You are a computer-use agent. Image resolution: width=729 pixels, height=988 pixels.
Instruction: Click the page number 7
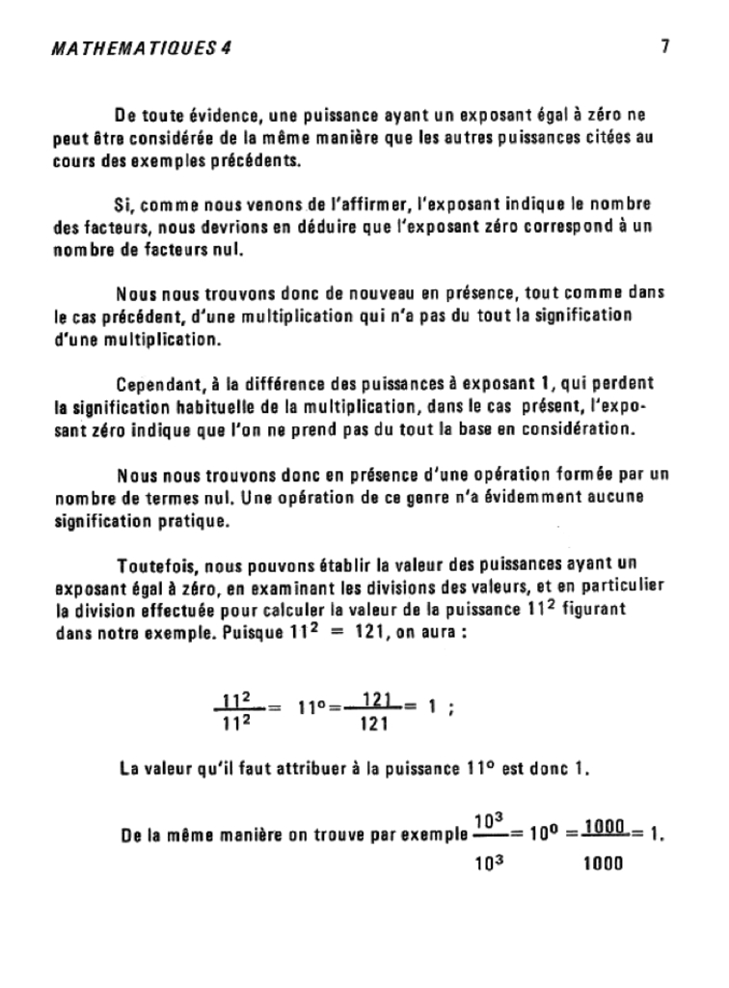[x=665, y=44]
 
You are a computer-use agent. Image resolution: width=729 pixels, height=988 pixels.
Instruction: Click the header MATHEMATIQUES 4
[x=141, y=47]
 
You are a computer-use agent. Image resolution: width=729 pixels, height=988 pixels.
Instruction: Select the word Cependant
[x=154, y=383]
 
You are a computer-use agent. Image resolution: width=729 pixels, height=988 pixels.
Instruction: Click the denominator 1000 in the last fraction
[x=604, y=863]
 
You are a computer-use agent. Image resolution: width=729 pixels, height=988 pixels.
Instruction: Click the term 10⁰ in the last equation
[x=543, y=835]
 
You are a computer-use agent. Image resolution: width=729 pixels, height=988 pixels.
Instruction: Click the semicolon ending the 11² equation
[x=452, y=707]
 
